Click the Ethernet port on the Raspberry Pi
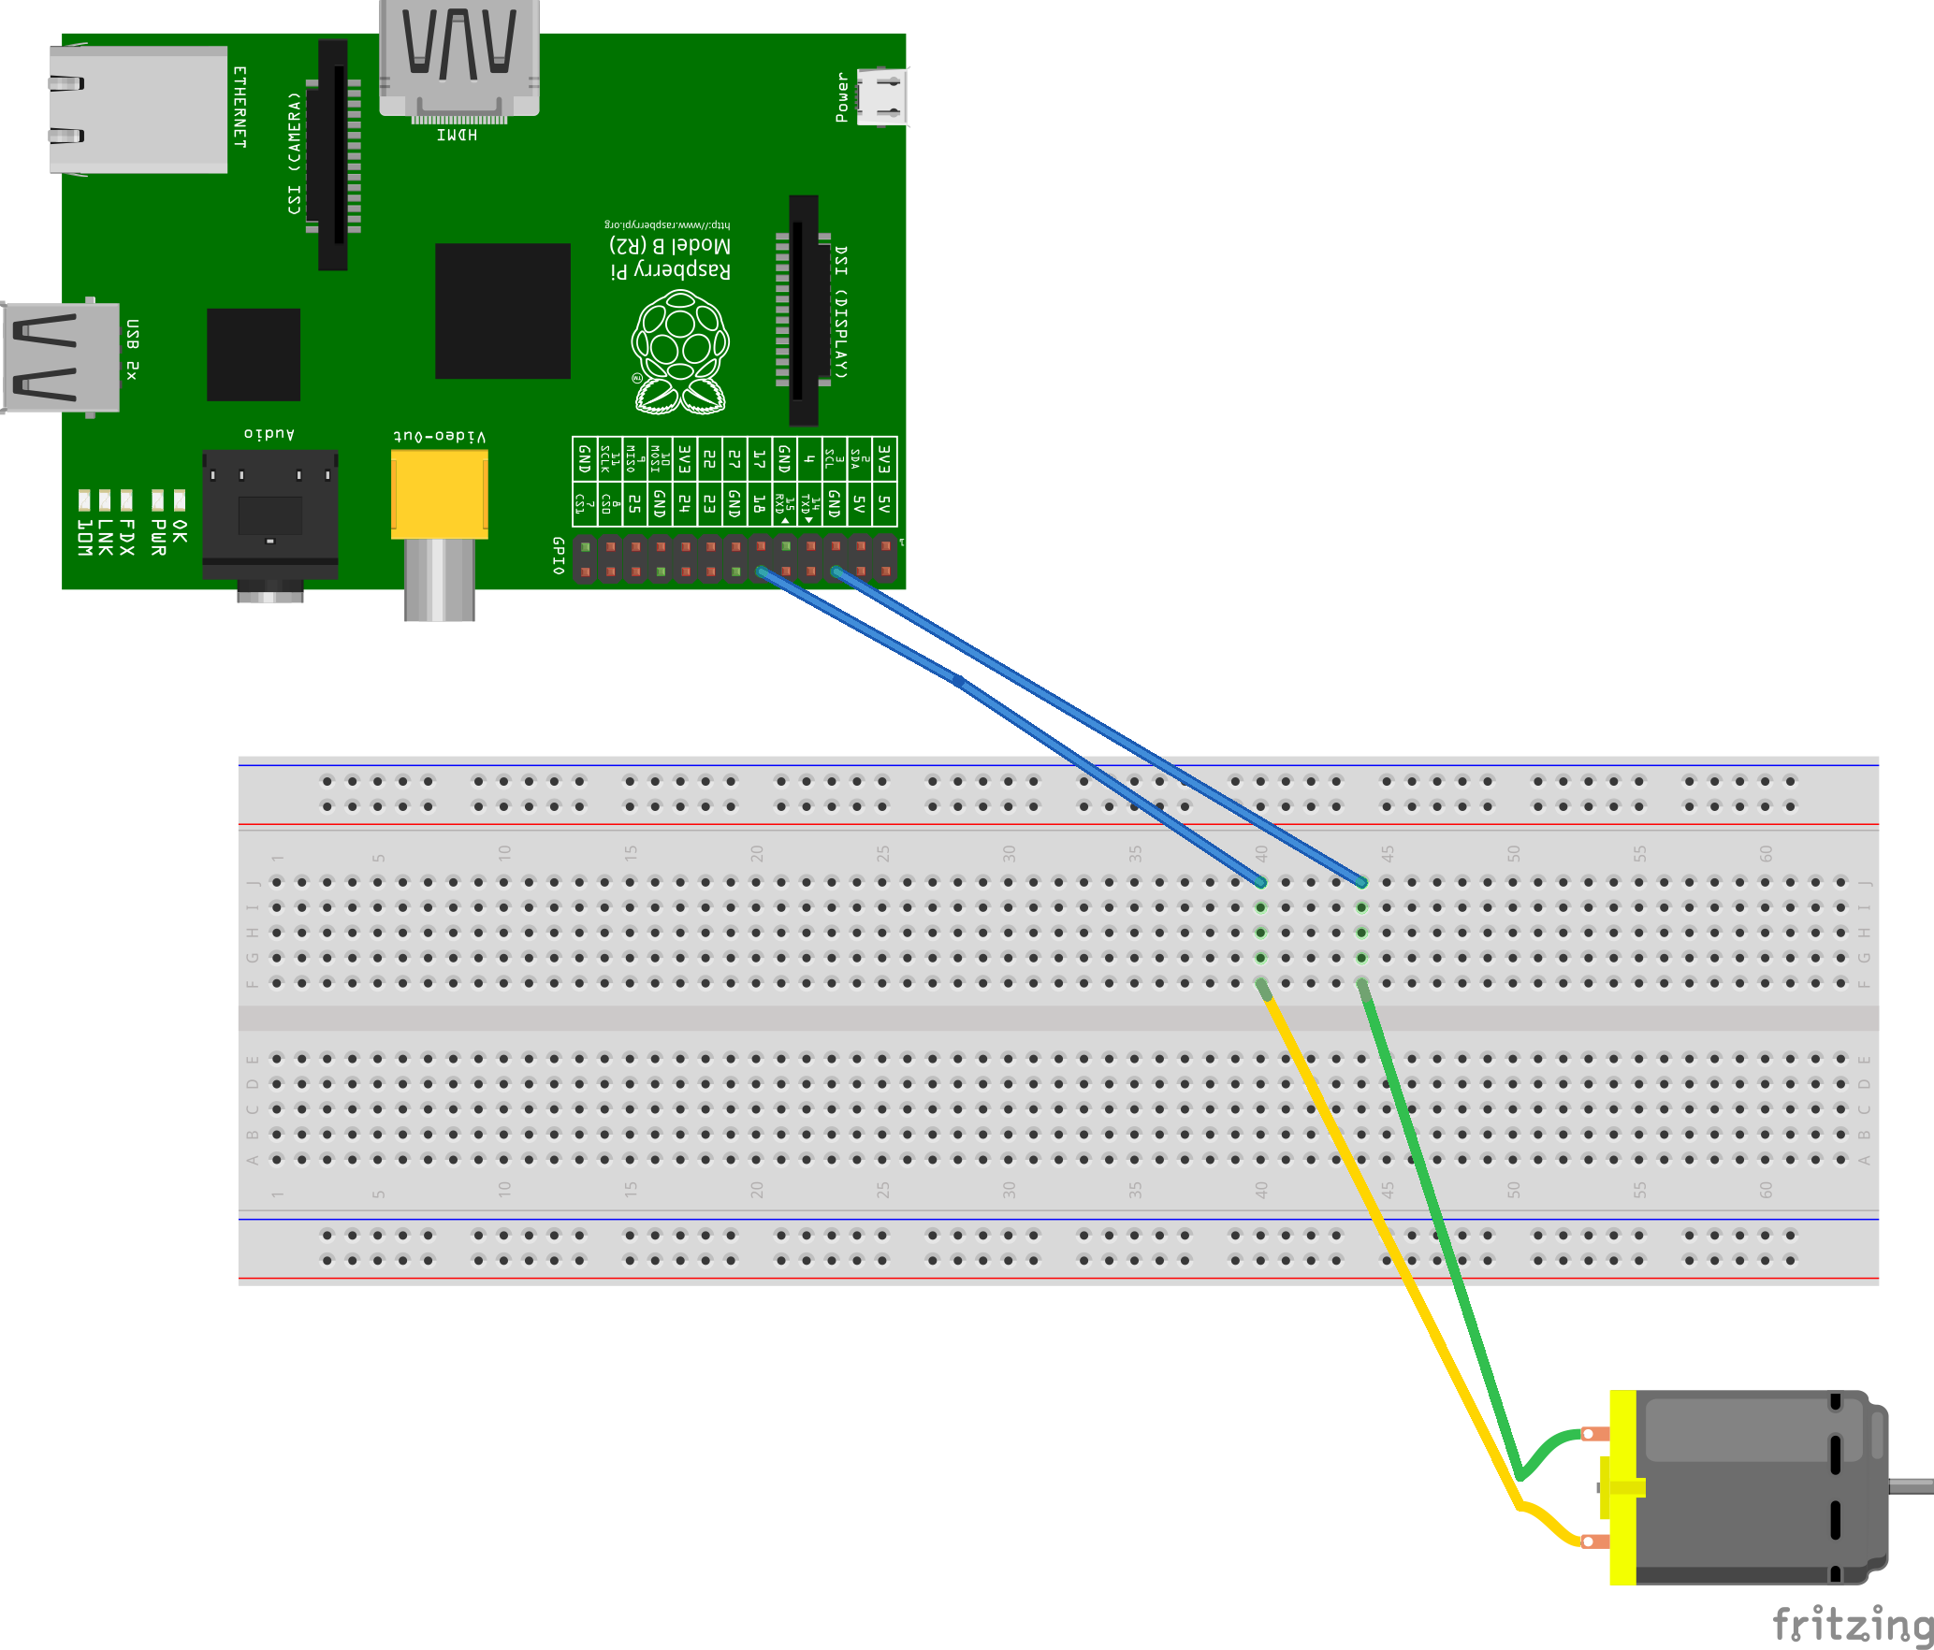click(138, 109)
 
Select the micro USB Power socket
click(880, 97)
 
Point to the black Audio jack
click(269, 514)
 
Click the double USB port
click(62, 357)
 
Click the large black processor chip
click(502, 311)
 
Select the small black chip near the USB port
click(254, 355)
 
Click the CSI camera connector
click(333, 154)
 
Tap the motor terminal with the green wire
click(1594, 1434)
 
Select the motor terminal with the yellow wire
click(1594, 1541)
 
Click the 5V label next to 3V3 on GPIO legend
click(884, 506)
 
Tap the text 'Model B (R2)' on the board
click(670, 245)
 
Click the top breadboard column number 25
click(883, 853)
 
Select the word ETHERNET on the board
click(240, 107)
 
